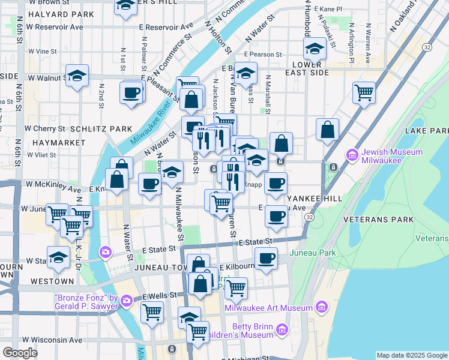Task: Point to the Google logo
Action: coord(20,353)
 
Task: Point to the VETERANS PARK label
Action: coord(378,220)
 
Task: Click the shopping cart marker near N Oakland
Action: coord(364,93)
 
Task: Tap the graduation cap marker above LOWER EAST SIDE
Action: coord(315,48)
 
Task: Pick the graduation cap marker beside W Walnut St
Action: coord(77,76)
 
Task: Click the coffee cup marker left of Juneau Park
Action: coord(266,258)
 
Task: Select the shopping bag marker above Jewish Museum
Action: coord(327,130)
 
